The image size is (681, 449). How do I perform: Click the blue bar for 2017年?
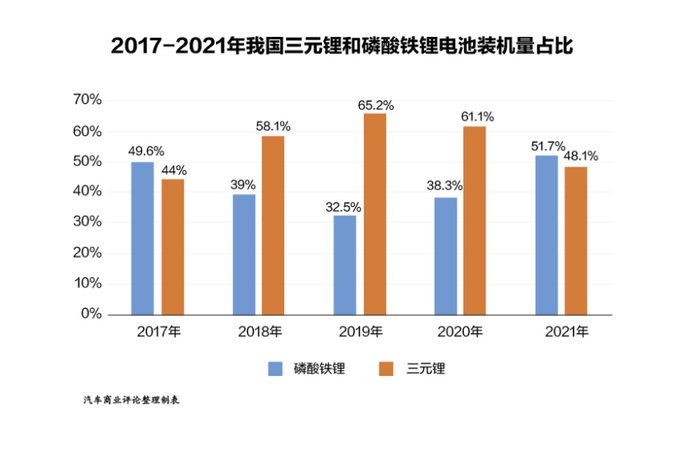click(x=142, y=238)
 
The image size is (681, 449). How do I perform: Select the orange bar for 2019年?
click(x=375, y=213)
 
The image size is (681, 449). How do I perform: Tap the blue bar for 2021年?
click(x=546, y=235)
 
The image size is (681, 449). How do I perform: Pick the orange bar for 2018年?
click(x=273, y=225)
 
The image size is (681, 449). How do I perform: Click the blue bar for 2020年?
click(x=445, y=255)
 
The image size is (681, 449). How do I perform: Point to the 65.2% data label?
click(x=375, y=105)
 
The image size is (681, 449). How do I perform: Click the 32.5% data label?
click(x=344, y=207)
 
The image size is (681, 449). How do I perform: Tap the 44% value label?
click(x=174, y=171)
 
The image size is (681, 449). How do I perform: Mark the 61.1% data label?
click(x=477, y=117)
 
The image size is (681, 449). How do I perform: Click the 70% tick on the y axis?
click(x=86, y=100)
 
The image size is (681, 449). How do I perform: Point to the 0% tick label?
click(x=91, y=314)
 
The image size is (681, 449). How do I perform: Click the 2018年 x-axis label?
click(x=260, y=332)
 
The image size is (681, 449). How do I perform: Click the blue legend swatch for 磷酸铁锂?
click(x=275, y=369)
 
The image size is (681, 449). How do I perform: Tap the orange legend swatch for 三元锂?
click(x=387, y=369)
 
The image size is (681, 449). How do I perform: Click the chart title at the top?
click(x=341, y=46)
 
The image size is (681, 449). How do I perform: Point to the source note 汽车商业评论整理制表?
click(x=131, y=401)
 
